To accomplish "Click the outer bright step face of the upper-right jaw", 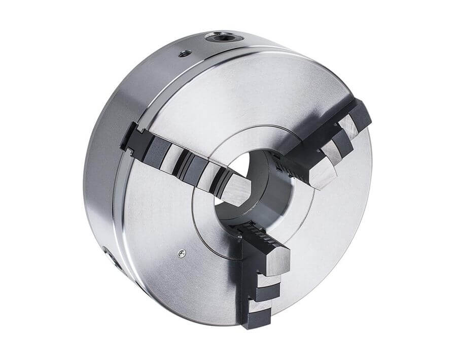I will click(350, 124).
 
